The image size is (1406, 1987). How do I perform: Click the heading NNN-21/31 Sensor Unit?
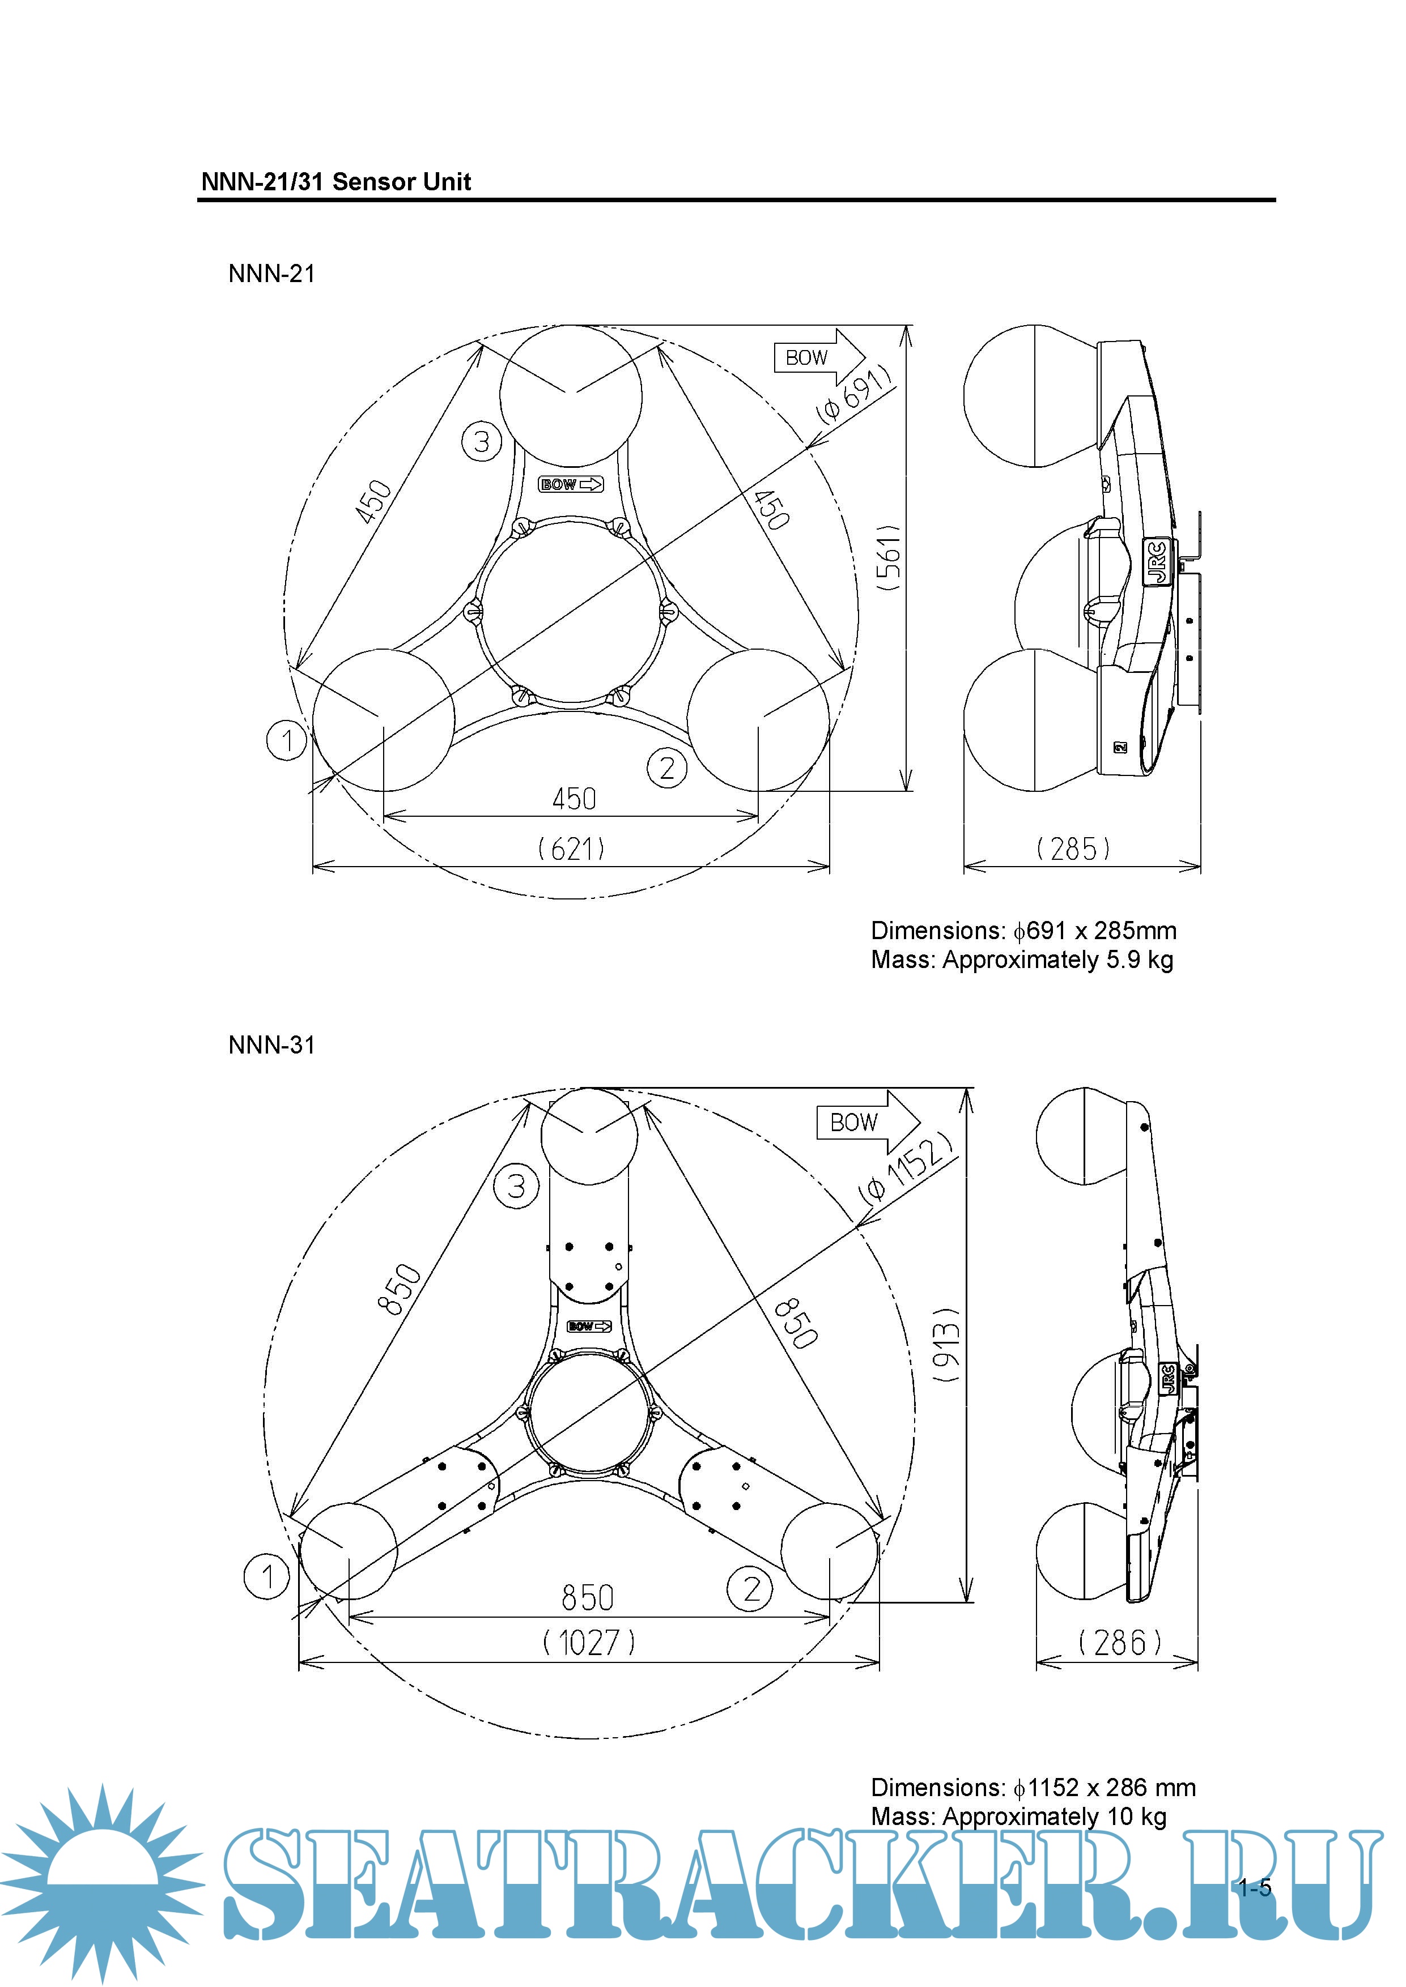336,182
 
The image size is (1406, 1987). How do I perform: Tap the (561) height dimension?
889,557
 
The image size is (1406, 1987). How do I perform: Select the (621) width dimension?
571,848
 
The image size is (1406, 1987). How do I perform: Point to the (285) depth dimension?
1073,848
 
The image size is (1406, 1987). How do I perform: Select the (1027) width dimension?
589,1641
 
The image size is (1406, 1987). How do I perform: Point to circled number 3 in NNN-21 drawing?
481,441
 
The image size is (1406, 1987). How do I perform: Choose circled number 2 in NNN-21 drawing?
666,767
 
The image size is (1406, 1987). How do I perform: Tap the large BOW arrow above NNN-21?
818,356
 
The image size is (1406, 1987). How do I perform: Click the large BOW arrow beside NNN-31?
866,1123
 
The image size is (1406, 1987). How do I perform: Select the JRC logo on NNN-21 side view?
1158,562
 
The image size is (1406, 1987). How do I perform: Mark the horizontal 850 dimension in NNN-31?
587,1597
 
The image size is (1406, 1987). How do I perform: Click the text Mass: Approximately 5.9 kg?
1022,960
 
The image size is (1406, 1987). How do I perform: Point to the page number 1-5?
1255,1888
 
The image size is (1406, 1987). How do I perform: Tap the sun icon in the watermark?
102,1882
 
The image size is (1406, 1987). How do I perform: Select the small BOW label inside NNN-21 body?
571,485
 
